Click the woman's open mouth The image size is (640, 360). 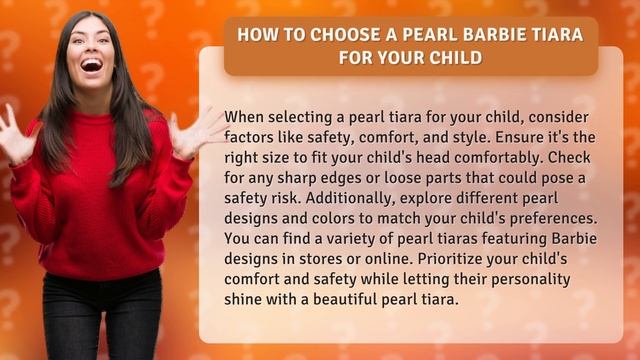click(92, 68)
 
